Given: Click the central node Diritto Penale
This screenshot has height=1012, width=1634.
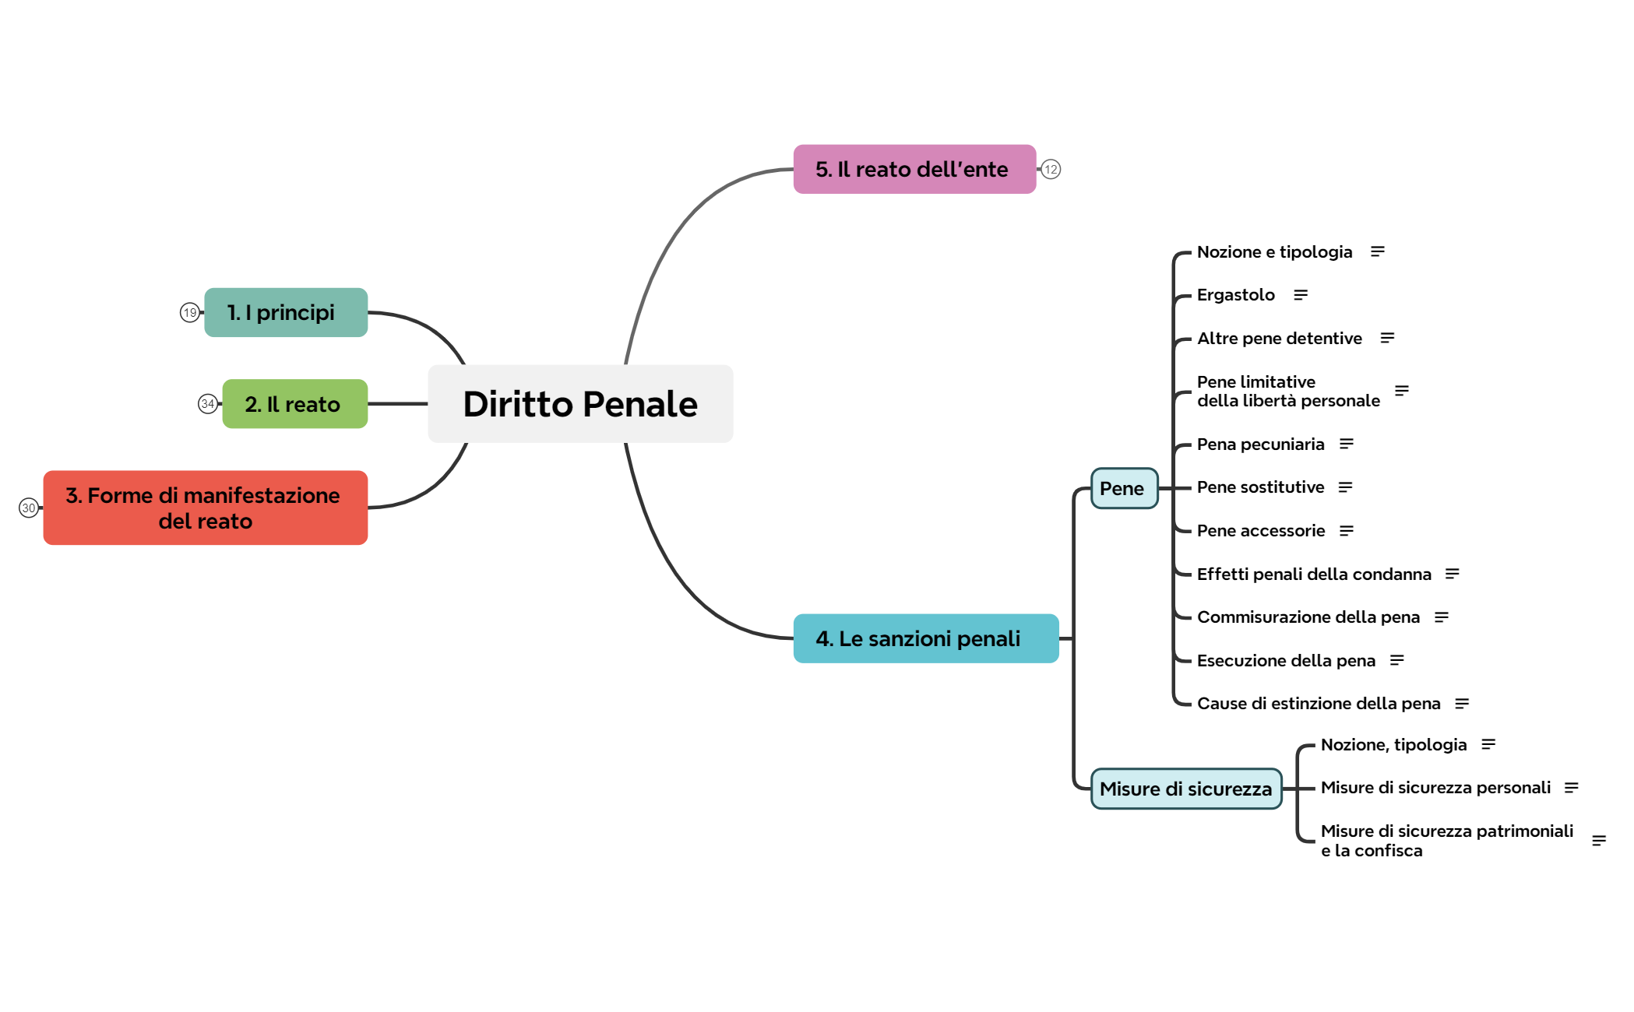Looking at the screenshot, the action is click(x=580, y=404).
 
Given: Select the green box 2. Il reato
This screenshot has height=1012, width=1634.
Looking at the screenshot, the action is click(x=295, y=404).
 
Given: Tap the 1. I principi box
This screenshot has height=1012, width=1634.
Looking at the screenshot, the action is click(x=286, y=312).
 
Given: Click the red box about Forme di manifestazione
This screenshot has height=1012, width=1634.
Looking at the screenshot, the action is click(x=206, y=508).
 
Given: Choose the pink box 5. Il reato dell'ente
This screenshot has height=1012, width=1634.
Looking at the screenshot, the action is click(x=914, y=169).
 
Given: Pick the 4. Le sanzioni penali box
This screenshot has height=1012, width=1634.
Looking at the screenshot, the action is click(x=926, y=638).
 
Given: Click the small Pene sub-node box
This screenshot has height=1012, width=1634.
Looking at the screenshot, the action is click(x=1125, y=488).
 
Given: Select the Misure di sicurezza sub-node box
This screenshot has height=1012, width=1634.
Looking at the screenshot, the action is click(x=1186, y=789).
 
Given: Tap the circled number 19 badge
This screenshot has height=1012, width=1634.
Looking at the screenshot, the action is click(x=189, y=312).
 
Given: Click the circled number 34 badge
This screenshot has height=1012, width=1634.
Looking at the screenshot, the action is click(x=207, y=404).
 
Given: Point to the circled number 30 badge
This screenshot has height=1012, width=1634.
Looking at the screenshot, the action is click(x=29, y=508).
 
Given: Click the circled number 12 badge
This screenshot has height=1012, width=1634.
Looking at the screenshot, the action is click(x=1051, y=169).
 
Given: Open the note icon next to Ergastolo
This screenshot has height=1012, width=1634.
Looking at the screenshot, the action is click(x=1301, y=295).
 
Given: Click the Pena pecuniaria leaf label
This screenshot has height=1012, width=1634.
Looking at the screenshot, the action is click(x=1260, y=444).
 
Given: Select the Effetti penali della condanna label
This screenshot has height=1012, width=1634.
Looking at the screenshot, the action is click(x=1314, y=574).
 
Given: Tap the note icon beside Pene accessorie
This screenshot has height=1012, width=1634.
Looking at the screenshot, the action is click(x=1347, y=531).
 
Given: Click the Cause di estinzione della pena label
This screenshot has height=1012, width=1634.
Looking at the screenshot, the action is click(x=1319, y=704).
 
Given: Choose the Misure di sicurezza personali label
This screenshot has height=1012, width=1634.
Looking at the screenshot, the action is click(x=1435, y=788).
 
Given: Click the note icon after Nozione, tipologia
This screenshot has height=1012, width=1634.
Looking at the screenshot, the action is click(x=1488, y=744).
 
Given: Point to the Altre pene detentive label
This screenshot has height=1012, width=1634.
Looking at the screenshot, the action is click(x=1280, y=339).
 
